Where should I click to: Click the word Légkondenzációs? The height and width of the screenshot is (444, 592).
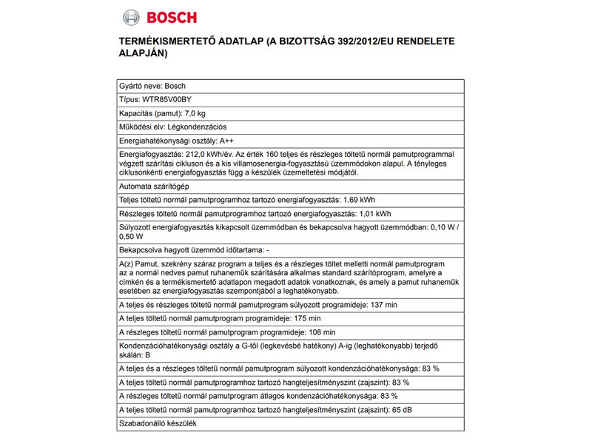click(196, 127)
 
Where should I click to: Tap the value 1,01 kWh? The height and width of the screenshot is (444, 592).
click(374, 215)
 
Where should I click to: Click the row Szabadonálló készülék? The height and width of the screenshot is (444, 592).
click(158, 424)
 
